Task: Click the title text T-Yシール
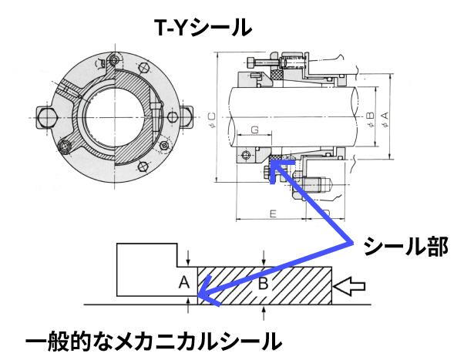pos(203,28)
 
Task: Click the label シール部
pos(405,247)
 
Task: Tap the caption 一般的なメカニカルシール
pos(153,340)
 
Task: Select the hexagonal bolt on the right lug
pos(190,116)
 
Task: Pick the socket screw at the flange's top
pos(115,61)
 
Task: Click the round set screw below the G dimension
pos(247,156)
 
